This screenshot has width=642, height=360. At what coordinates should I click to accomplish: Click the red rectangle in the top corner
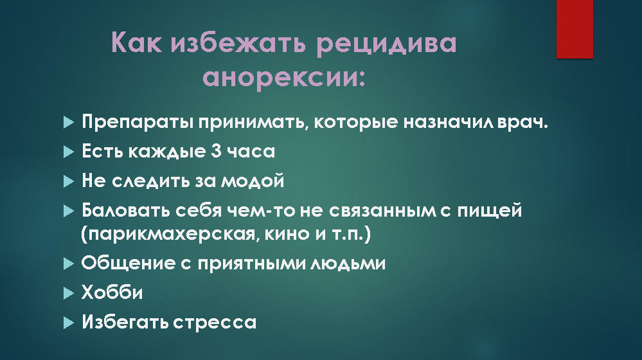(x=575, y=29)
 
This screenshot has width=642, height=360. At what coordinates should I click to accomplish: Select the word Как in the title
(x=136, y=42)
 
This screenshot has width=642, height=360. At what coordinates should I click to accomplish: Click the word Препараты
(x=138, y=122)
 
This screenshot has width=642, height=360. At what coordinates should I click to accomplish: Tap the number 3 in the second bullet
(x=216, y=152)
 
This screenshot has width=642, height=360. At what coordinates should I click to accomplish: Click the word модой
(x=253, y=181)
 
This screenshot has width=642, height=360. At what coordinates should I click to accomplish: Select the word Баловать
(x=126, y=210)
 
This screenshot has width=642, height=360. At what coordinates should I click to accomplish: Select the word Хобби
(x=112, y=292)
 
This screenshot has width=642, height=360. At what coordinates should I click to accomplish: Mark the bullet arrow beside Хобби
(x=69, y=293)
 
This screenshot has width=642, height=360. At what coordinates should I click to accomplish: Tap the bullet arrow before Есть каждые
(x=69, y=152)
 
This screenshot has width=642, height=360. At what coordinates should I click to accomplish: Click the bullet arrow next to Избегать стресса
(x=69, y=323)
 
